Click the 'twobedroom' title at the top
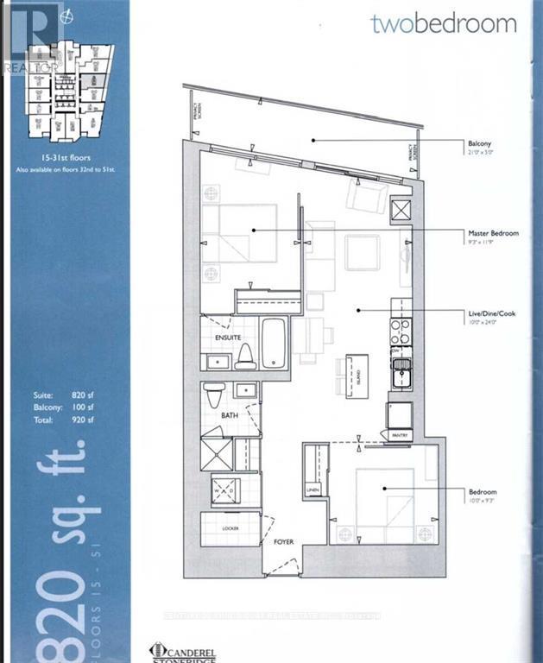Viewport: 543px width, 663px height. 444,23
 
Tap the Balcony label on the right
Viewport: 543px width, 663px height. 481,145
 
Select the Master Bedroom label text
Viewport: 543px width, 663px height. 493,233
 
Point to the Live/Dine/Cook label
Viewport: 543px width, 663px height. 491,313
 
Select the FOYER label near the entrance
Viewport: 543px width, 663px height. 283,542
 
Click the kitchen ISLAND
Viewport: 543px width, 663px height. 352,376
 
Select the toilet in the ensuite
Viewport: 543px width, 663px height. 246,355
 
